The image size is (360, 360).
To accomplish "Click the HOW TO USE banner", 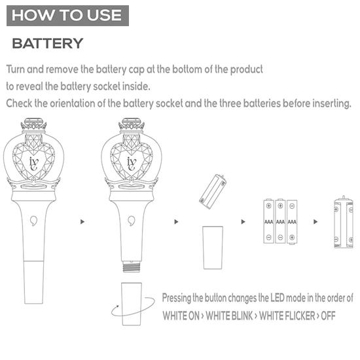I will pyautogui.click(x=67, y=15).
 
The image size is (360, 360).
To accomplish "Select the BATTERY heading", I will pyautogui.click(x=48, y=44).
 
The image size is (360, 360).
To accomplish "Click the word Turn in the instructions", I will pyautogui.click(x=17, y=69).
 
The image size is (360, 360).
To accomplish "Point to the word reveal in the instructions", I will pyautogui.click(x=34, y=86).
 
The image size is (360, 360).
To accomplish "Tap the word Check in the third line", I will pyautogui.click(x=20, y=103).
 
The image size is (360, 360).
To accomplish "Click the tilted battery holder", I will pyautogui.click(x=213, y=190).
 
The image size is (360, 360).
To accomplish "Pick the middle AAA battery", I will pyautogui.click(x=280, y=221).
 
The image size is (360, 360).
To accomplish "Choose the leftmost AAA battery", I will pyautogui.click(x=268, y=221).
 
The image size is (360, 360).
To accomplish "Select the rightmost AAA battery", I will pyautogui.click(x=292, y=221).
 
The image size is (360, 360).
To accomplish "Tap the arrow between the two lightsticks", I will pyautogui.click(x=82, y=222).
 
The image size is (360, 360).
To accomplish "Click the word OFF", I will pyautogui.click(x=327, y=315).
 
